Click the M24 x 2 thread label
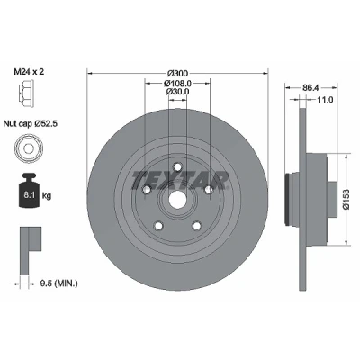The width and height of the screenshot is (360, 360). tap(29, 72)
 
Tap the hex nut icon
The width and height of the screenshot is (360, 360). tap(26, 94)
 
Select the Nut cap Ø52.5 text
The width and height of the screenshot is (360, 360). tap(31, 123)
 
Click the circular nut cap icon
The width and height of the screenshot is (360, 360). tap(28, 148)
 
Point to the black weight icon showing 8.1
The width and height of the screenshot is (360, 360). tap(29, 190)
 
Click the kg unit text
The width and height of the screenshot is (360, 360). tap(47, 196)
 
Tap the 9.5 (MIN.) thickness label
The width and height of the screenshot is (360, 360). tap(58, 283)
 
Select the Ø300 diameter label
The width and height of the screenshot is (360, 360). tap(177, 73)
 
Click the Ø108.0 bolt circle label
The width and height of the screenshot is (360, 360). tap(177, 83)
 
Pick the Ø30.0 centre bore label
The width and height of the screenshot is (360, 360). tap(178, 92)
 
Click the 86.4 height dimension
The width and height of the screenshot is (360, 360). tap(310, 88)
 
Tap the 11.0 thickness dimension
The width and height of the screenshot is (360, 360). tap(325, 100)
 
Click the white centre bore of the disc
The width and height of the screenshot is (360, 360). tap(177, 200)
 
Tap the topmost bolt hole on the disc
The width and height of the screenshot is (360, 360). tap(178, 166)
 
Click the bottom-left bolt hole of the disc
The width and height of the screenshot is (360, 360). tap(157, 226)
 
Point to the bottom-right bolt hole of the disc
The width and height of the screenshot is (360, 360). tap(197, 226)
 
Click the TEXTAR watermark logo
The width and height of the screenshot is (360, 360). tap(180, 180)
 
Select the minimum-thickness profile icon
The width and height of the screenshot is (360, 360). tap(31, 251)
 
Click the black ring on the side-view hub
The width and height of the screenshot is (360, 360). tap(287, 199)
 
